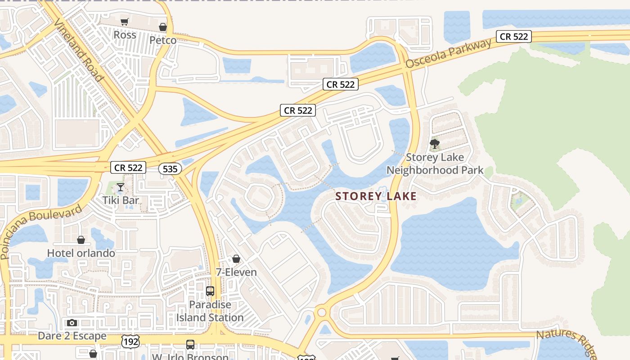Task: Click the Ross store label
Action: (x=125, y=35)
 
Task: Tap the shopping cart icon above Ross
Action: (x=125, y=22)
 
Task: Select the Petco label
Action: (x=163, y=40)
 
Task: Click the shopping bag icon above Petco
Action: (x=163, y=27)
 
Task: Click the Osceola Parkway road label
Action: (x=449, y=54)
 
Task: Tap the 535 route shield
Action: (x=170, y=169)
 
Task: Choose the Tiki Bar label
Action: (x=120, y=200)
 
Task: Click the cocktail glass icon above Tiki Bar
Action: (x=120, y=187)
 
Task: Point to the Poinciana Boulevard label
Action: (x=41, y=231)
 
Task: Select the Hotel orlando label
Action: (x=81, y=253)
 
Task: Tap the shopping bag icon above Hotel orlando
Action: (x=81, y=240)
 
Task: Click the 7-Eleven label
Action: (x=236, y=272)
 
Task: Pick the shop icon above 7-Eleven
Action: (x=236, y=259)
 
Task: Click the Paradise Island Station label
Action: (x=210, y=311)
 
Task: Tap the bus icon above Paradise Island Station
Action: (x=210, y=291)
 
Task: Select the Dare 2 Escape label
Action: (x=72, y=336)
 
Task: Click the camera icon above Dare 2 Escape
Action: (x=72, y=323)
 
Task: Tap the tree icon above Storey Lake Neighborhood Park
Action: (x=435, y=144)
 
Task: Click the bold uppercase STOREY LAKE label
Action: (x=376, y=196)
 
